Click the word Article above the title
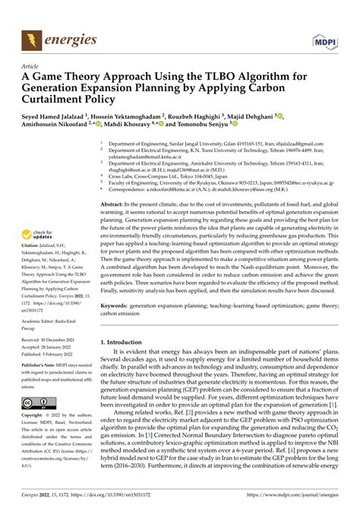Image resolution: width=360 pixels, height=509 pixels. point(30,65)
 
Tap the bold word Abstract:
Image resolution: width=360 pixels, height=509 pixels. point(113,204)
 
